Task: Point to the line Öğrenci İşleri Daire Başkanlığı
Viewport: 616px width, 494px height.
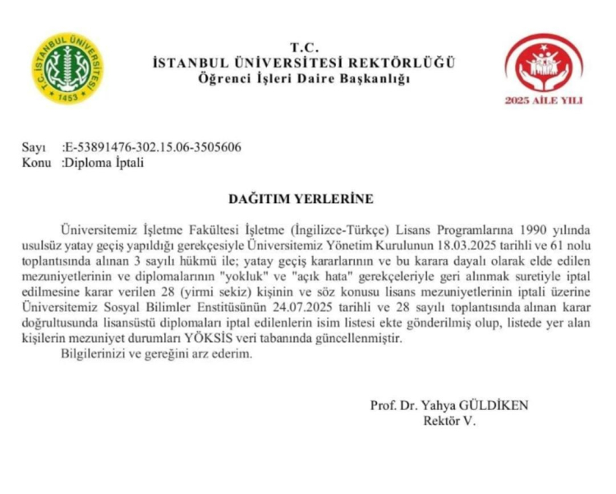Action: pyautogui.click(x=303, y=78)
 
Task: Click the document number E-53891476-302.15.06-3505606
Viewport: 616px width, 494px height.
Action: pyautogui.click(x=154, y=148)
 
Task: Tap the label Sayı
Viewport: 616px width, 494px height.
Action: pyautogui.click(x=34, y=148)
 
